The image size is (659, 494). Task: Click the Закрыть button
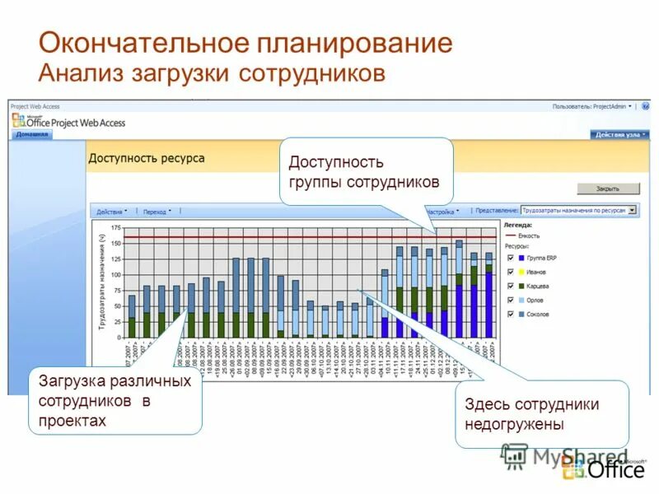tap(609, 189)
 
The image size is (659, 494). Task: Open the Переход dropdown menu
tap(157, 212)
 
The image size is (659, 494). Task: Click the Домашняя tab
tap(31, 134)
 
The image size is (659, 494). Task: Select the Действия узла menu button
tap(619, 134)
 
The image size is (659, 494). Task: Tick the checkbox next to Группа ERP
tap(512, 259)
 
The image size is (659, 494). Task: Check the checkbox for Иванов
tap(512, 272)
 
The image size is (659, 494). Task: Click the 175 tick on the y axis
tap(115, 227)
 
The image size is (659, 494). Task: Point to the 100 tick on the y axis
tap(115, 274)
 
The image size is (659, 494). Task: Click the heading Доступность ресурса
tap(147, 158)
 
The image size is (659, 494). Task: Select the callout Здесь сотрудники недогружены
tap(531, 414)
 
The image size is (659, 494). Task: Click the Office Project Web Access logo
tap(69, 121)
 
